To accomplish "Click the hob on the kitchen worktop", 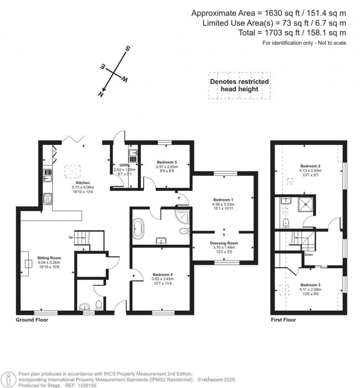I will click(x=48, y=199).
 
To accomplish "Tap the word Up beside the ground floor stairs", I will click(x=71, y=238).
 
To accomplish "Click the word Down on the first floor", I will click(x=309, y=254).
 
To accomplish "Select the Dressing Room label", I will click(x=224, y=243).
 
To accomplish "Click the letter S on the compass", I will click(x=128, y=49).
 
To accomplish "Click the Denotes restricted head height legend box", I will click(x=239, y=85).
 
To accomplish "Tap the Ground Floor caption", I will click(x=32, y=320).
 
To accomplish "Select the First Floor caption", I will click(x=283, y=320).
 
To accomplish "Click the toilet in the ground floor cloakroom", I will click(x=99, y=305).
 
